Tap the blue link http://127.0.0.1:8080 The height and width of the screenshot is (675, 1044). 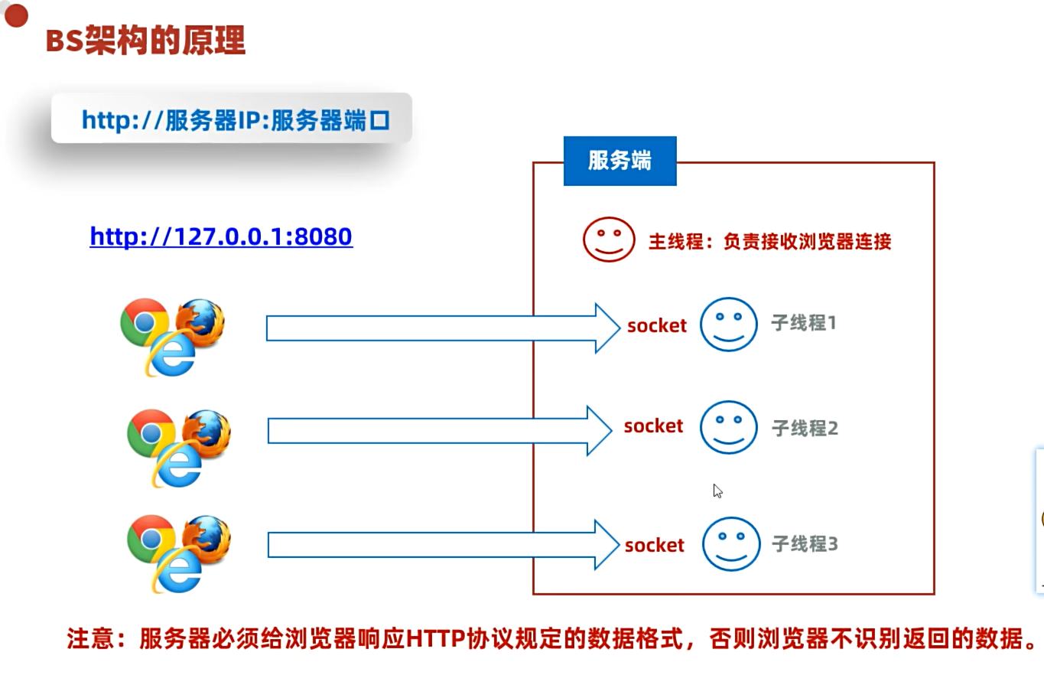pos(221,236)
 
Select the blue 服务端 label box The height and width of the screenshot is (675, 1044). pos(620,161)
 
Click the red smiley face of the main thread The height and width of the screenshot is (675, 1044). pos(609,239)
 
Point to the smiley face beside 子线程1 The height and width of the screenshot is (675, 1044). pos(728,324)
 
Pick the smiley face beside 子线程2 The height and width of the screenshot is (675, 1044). pos(728,427)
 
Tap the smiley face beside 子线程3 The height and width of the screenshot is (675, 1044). pos(731,544)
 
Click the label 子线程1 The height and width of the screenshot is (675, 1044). pos(803,323)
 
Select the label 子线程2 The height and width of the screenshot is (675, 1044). pos(805,428)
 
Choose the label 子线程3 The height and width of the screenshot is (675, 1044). pos(805,544)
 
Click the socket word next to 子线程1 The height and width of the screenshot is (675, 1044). pos(657,326)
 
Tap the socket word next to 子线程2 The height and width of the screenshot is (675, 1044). pos(653,426)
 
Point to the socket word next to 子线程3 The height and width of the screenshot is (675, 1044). pos(655,546)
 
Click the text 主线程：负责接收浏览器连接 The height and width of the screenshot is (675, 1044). pos(769,242)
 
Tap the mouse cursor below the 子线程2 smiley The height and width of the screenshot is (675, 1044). pos(717,491)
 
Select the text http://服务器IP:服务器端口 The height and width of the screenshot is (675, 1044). pos(236,119)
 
